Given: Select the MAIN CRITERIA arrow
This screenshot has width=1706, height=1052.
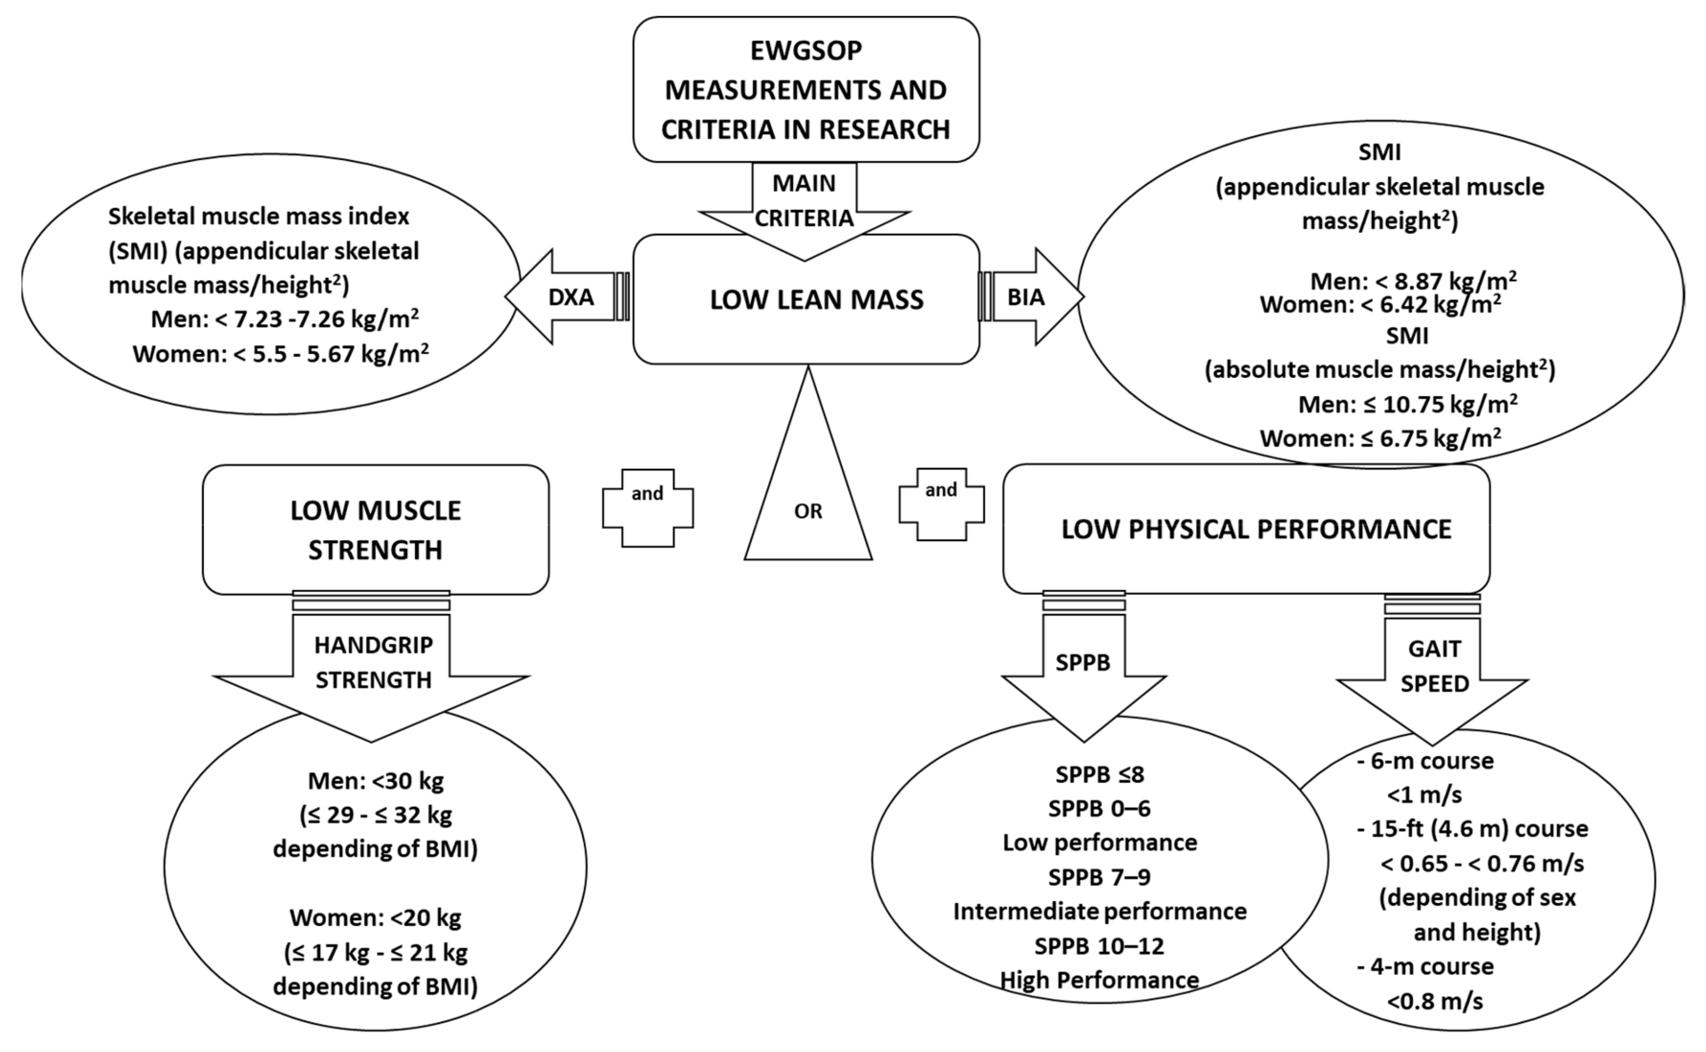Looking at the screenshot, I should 805,202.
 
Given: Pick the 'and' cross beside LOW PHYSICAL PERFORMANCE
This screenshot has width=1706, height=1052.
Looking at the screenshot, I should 942,504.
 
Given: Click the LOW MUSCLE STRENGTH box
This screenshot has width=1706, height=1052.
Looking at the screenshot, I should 375,529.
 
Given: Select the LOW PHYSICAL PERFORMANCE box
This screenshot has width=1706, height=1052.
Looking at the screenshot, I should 1255,529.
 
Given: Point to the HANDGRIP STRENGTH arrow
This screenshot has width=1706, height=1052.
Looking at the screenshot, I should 373,662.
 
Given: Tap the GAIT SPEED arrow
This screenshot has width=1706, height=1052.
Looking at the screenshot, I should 1434,666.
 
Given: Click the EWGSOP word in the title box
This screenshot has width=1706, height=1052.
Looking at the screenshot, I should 806,51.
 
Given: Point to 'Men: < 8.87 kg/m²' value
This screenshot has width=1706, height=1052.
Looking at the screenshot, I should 1413,281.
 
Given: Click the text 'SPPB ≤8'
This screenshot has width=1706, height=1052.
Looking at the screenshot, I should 1099,774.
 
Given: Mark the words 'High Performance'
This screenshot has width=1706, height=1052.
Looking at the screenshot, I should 1099,979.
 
